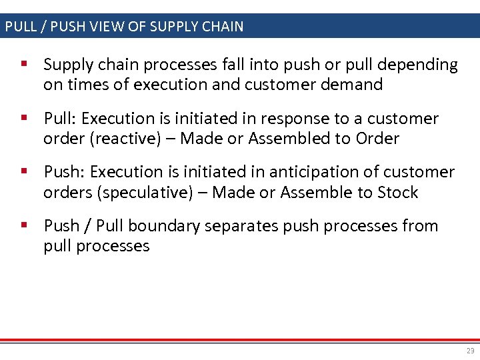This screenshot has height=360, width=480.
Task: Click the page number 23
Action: pyautogui.click(x=471, y=351)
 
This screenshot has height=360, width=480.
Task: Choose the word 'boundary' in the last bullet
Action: pyautogui.click(x=163, y=226)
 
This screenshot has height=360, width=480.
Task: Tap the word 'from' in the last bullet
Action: pyautogui.click(x=421, y=226)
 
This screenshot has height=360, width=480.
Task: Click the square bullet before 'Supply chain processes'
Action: pyautogui.click(x=24, y=65)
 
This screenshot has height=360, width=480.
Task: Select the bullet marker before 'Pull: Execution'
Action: pyautogui.click(x=24, y=118)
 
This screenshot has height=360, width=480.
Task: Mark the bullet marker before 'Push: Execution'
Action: pyautogui.click(x=24, y=171)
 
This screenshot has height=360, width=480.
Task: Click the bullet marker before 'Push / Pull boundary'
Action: pyautogui.click(x=24, y=225)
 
